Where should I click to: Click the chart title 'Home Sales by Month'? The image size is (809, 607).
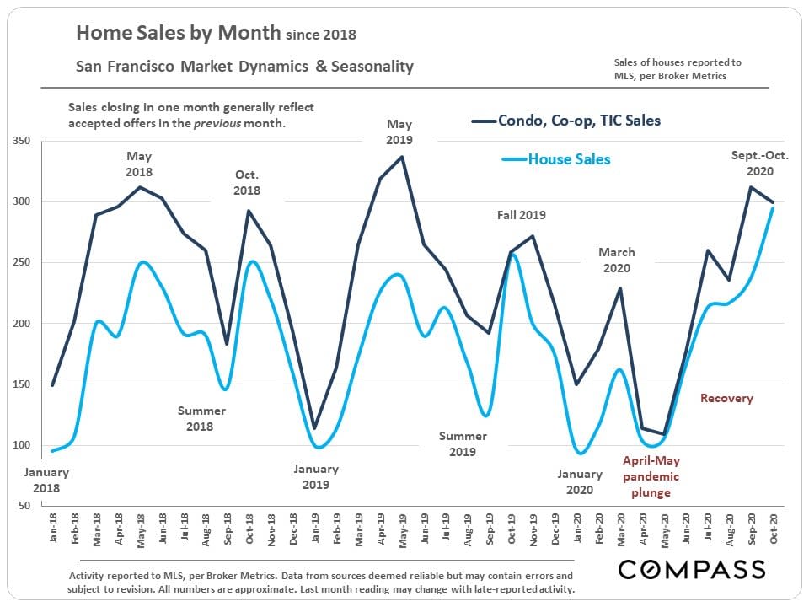click(x=177, y=34)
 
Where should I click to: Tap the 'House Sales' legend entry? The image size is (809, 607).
click(x=569, y=158)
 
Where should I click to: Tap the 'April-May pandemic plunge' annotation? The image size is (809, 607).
click(x=651, y=476)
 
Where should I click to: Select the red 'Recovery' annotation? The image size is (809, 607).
click(x=726, y=398)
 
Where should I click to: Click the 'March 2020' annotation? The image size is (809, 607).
click(x=617, y=261)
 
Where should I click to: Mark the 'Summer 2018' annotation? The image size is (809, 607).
click(x=201, y=418)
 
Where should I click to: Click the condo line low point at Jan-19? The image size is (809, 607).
click(x=315, y=428)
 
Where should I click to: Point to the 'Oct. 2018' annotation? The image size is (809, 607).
click(x=247, y=183)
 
